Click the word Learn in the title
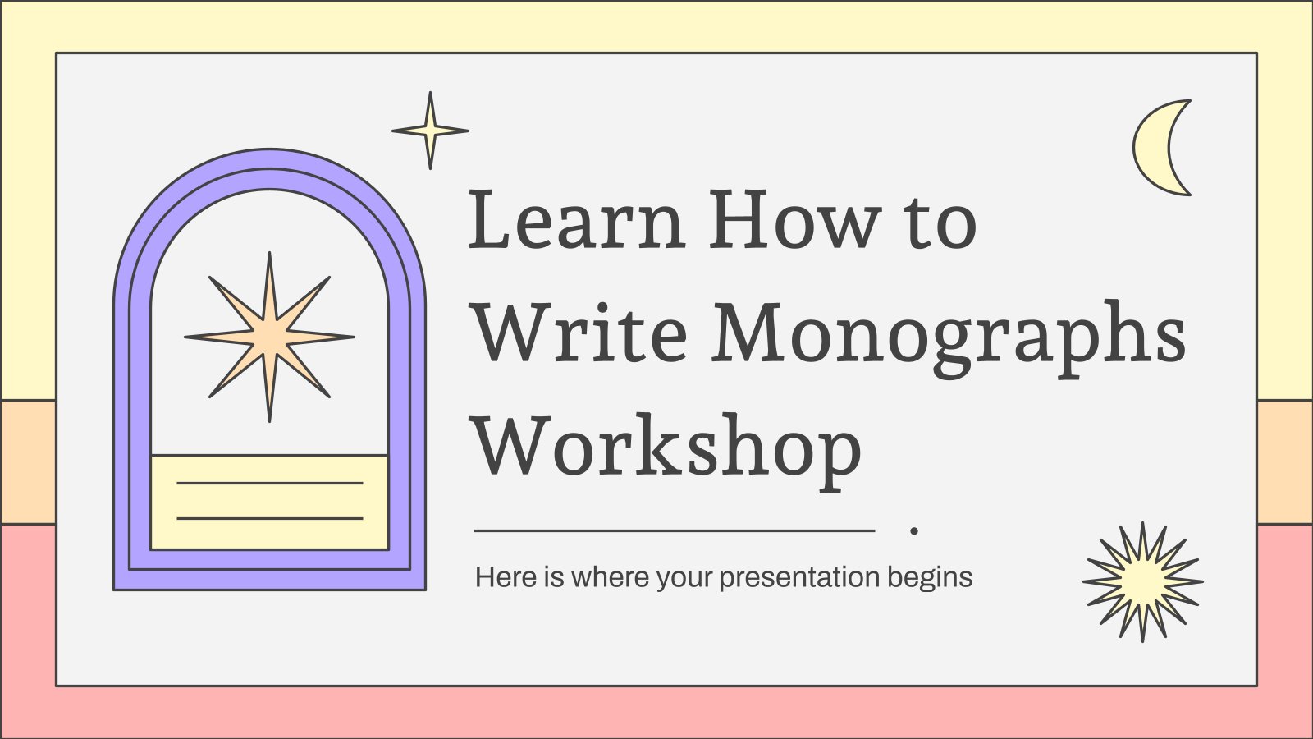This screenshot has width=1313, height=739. [x=577, y=218]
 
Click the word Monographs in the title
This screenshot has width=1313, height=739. [x=949, y=339]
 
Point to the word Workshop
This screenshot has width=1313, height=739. [x=667, y=452]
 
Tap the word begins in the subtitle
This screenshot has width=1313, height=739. [x=930, y=578]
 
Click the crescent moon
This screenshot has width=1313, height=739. [x=1150, y=148]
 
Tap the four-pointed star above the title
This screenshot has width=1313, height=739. [x=430, y=131]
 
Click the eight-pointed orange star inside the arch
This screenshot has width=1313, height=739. [x=269, y=337]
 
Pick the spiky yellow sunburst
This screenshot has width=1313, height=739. [x=1142, y=582]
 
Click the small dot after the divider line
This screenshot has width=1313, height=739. [x=914, y=530]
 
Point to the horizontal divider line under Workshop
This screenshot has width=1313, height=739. [x=674, y=530]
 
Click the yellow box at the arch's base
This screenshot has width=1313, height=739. [x=269, y=502]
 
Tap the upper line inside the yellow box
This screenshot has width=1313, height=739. [x=270, y=484]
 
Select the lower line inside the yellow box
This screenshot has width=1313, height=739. [x=270, y=518]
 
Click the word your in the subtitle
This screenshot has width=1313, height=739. [x=684, y=580]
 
